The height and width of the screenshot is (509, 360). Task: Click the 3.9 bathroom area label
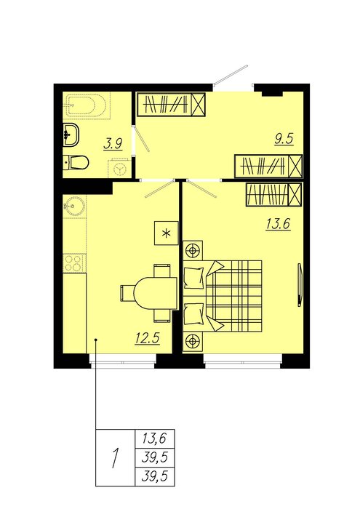point(113,144)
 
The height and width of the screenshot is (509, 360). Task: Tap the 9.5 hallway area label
point(284,139)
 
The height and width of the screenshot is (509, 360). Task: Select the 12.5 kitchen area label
point(148,339)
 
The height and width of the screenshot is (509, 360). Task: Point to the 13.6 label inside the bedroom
point(279,224)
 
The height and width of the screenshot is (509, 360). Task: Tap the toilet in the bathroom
point(76,163)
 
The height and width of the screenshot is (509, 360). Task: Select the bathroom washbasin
point(71,134)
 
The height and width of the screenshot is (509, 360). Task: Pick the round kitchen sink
point(73,206)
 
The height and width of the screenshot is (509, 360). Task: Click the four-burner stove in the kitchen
point(74,263)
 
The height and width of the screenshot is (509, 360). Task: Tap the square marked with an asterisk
point(167,233)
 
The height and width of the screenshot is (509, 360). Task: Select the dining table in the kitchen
point(156,294)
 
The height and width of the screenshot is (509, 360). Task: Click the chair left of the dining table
point(127,294)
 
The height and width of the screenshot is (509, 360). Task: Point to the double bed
point(223,296)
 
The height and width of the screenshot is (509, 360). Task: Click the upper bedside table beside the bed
point(193,250)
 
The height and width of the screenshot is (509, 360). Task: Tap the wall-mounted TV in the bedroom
point(300,284)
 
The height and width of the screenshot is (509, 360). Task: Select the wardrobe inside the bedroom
point(274,194)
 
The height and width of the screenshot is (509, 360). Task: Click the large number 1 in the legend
point(114,457)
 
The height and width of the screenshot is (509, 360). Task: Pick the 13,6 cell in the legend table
point(154,438)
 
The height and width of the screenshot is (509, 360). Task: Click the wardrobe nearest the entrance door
point(171,105)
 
